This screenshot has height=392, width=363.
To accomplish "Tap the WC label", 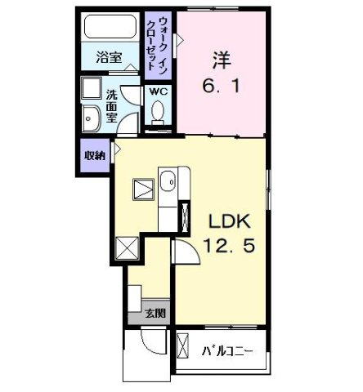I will click(x=157, y=91).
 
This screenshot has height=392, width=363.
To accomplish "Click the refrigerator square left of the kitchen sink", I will click(x=143, y=189).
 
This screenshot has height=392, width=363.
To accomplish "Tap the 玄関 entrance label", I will click(x=155, y=312).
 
